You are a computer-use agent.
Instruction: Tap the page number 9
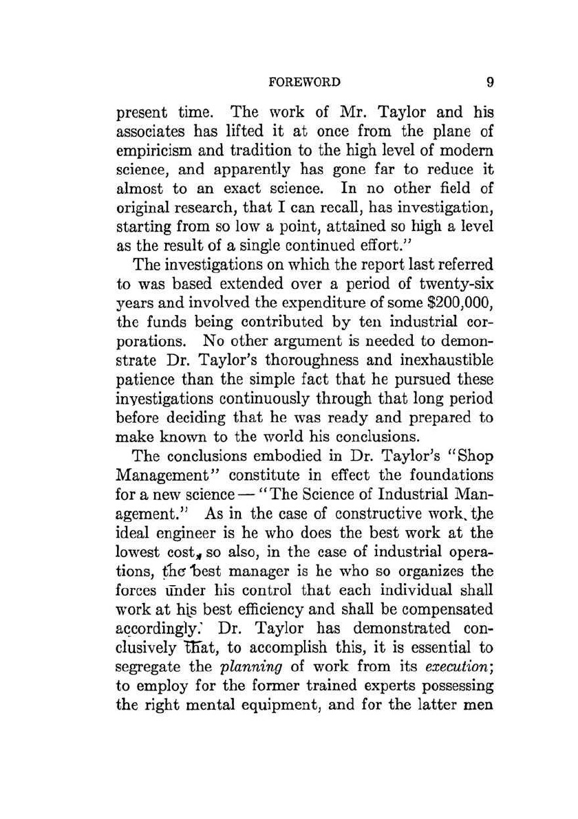pos(490,83)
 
